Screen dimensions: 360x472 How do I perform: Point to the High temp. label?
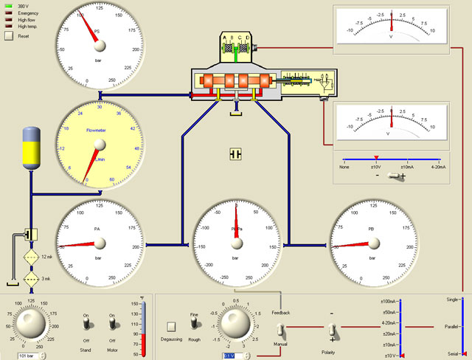tap(27, 27)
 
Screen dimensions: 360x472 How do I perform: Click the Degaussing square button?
tap(171, 326)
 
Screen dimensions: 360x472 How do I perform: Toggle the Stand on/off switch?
tap(85, 324)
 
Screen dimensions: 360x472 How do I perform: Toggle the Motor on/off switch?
tap(113, 324)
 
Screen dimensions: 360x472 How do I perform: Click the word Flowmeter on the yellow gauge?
tap(97, 130)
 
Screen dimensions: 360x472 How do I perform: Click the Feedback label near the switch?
tap(280, 313)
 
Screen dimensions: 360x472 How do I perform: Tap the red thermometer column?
tap(142, 343)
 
